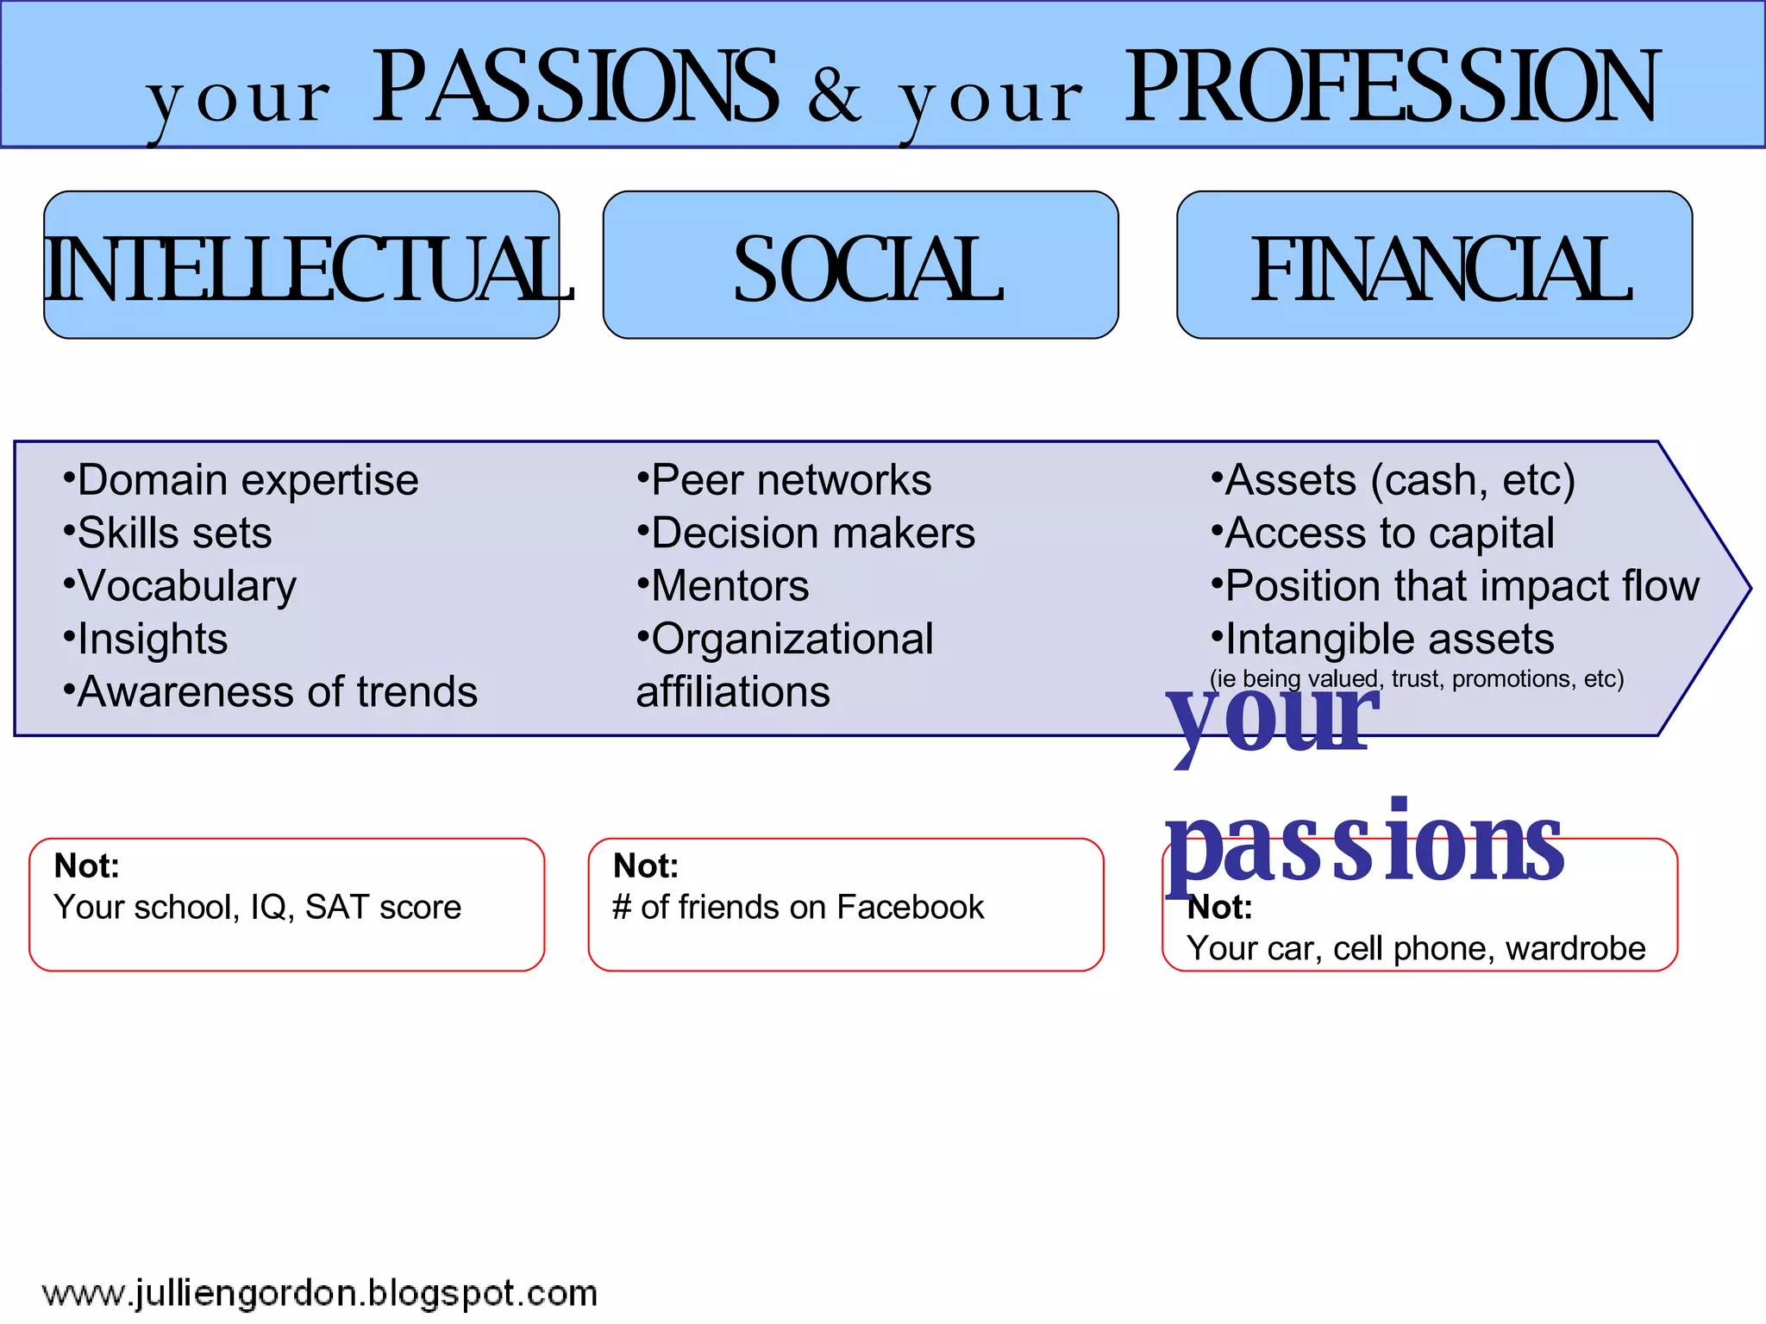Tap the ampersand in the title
pos(835,95)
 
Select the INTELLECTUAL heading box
pos(302,265)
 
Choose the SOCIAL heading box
pos(861,265)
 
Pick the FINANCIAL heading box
pos(1434,265)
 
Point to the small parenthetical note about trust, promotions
pos(1416,679)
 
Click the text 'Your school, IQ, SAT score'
pos(257,907)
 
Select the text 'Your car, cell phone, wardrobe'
pos(1416,948)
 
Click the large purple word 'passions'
pos(1364,845)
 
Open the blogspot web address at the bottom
pos(319,1294)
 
